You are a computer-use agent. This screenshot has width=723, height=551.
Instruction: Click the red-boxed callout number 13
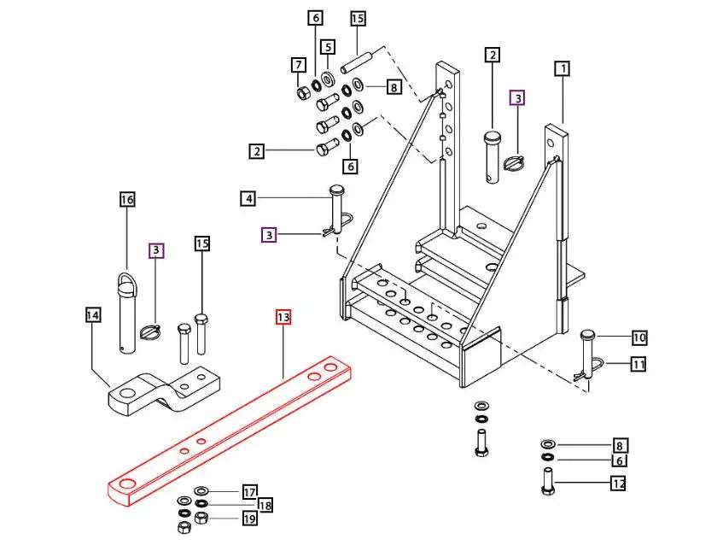click(x=283, y=317)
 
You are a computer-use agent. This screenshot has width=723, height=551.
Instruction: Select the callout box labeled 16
click(x=127, y=200)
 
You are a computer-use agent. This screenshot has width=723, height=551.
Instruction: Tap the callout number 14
click(x=93, y=315)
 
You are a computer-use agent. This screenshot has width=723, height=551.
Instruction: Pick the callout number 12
click(x=618, y=484)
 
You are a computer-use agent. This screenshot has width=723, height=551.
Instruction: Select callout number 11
click(x=639, y=365)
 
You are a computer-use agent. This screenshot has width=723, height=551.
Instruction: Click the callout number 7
click(x=298, y=65)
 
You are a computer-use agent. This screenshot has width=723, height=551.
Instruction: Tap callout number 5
click(x=328, y=46)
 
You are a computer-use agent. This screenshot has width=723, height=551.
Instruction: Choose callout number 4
click(x=248, y=199)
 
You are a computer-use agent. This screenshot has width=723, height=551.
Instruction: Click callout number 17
click(x=249, y=492)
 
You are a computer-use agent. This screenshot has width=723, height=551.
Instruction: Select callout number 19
click(x=249, y=518)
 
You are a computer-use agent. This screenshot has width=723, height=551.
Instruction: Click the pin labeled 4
click(x=336, y=209)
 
